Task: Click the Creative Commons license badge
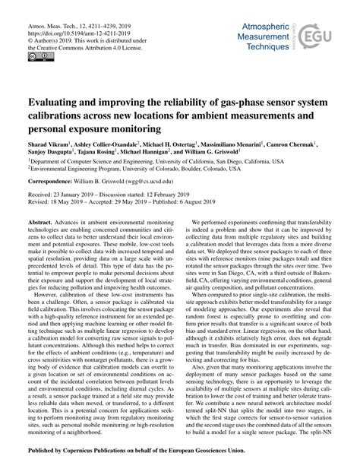click(x=36, y=57)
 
